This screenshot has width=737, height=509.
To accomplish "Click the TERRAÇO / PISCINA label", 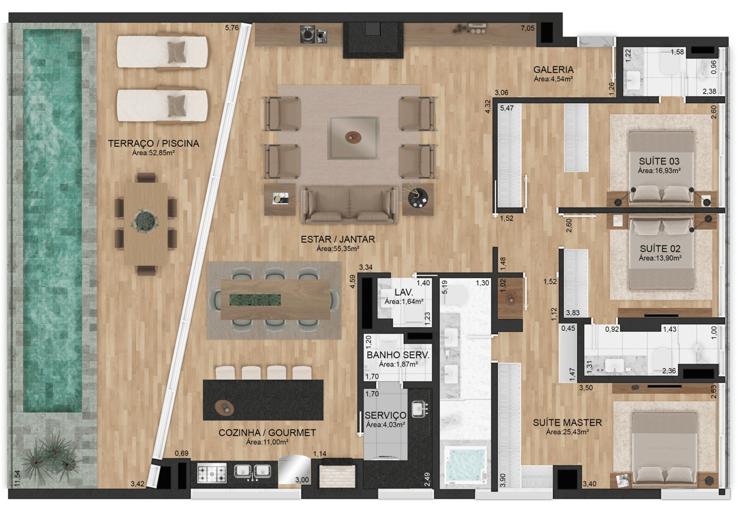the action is pyautogui.click(x=154, y=144).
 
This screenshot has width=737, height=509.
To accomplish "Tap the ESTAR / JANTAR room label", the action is pyautogui.click(x=338, y=240).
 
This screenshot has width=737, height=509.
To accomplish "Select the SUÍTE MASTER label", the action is pyautogui.click(x=567, y=423).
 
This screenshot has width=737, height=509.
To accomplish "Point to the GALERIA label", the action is pyautogui.click(x=553, y=70).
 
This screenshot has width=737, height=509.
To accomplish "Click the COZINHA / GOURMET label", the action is pyautogui.click(x=267, y=433).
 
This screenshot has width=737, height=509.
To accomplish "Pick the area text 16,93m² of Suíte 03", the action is pyautogui.click(x=659, y=171).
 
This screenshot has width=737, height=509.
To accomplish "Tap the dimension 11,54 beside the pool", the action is pyautogui.click(x=17, y=479).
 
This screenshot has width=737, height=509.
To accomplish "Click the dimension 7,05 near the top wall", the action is pyautogui.click(x=527, y=29).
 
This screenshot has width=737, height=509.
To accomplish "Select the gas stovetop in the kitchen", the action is pyautogui.click(x=212, y=473).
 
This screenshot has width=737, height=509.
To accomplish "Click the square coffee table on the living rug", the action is pyautogui.click(x=353, y=138).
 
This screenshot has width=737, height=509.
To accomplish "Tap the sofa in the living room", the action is pyautogui.click(x=349, y=205).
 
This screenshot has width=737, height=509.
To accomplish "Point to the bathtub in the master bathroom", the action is pyautogui.click(x=465, y=465).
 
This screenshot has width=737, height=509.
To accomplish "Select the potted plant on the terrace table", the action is pyautogui.click(x=144, y=221).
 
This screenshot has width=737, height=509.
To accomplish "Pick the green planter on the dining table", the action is pyautogui.click(x=255, y=299).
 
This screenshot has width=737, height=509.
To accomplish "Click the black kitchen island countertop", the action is pyautogui.click(x=263, y=400).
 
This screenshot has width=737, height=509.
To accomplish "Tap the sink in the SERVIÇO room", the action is pyautogui.click(x=420, y=409).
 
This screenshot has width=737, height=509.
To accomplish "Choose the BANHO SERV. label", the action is pyautogui.click(x=398, y=355).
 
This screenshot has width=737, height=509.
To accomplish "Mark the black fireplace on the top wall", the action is pyautogui.click(x=373, y=40).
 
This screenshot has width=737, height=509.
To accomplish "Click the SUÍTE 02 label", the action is pyautogui.click(x=660, y=248).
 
